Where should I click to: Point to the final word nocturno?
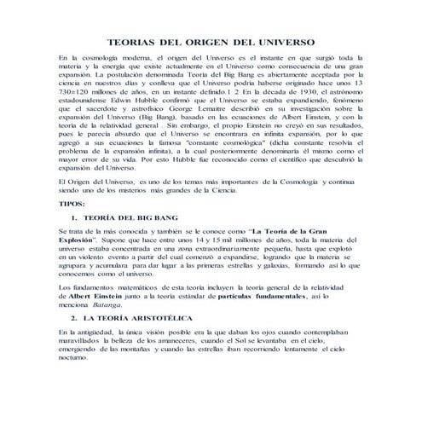tap(72, 360)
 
